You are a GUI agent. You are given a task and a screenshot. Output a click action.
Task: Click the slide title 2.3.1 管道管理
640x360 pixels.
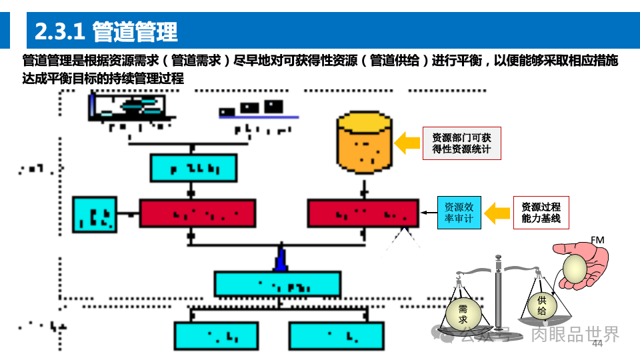coord(107,31)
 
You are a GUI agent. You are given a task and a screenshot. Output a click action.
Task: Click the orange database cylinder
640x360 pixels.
coord(364,143)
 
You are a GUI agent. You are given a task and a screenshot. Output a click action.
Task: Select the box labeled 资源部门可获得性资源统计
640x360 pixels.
coord(461,143)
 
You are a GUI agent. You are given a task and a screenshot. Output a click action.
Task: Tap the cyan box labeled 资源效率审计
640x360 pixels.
coord(459,213)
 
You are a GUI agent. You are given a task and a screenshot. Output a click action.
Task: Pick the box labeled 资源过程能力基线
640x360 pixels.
coord(541,213)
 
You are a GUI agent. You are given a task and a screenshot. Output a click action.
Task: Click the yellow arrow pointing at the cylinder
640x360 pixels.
coord(407,143)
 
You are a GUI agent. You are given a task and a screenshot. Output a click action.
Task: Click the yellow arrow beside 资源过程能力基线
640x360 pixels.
coord(497,213)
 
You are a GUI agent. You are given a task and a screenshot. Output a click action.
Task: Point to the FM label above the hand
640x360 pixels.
coord(597,240)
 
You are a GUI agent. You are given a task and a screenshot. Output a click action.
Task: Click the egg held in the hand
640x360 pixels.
coord(575,269)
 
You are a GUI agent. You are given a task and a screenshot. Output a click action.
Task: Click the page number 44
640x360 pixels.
coord(597,343)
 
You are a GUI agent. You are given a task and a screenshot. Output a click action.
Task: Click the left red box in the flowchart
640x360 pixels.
coord(197,213)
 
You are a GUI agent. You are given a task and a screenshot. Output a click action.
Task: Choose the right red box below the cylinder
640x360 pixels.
coord(363,213)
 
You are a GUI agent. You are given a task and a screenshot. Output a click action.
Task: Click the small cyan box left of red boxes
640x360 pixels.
coord(94,215)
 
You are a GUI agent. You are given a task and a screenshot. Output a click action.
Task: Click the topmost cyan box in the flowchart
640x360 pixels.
coord(193,168)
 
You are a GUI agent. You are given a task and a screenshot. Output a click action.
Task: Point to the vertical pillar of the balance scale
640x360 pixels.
coord(498,293)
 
